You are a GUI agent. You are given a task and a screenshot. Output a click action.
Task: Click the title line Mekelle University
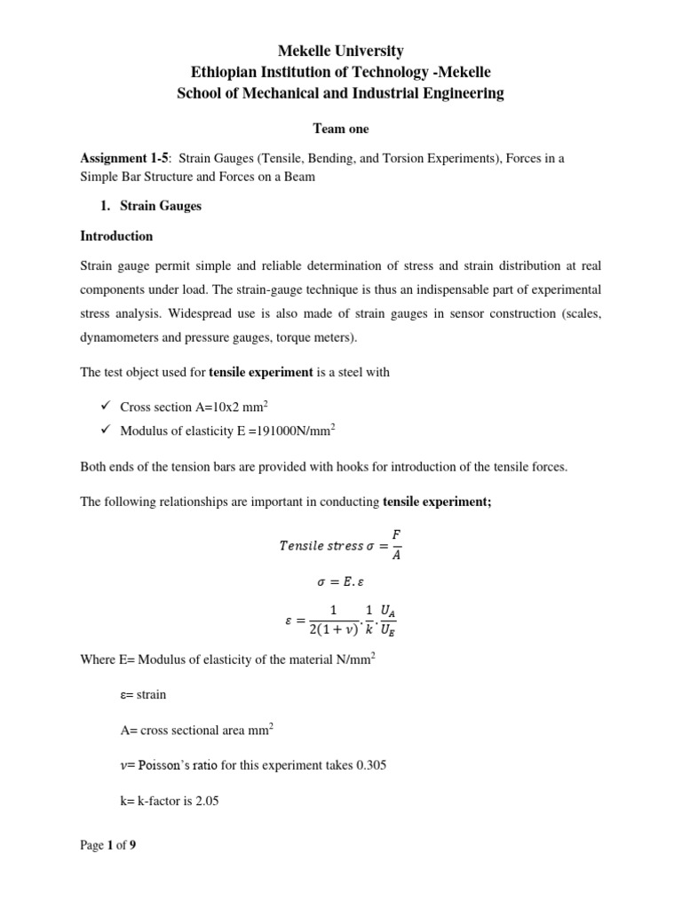click(341, 51)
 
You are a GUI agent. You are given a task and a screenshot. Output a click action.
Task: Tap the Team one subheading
click(341, 129)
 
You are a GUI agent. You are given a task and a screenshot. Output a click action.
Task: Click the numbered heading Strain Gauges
click(160, 206)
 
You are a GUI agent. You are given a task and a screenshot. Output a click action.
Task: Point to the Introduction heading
click(116, 236)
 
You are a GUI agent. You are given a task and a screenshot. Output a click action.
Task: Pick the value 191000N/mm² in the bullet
click(292, 431)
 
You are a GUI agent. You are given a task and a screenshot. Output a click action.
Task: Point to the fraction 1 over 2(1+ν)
click(333, 620)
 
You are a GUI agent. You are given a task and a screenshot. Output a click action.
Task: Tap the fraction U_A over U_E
click(388, 620)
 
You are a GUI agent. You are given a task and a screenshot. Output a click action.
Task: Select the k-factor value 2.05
click(205, 801)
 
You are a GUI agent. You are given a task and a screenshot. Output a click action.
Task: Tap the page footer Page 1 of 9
click(108, 846)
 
